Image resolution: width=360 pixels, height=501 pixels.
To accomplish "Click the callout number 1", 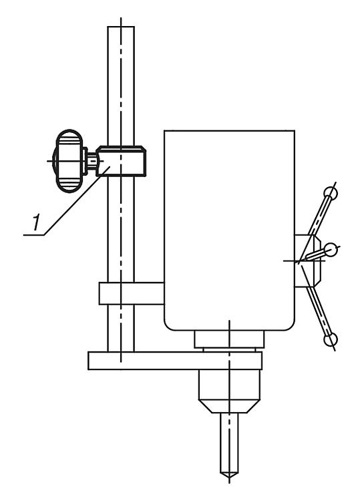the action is coord(37,222).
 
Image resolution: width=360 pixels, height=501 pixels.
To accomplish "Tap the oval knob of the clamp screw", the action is coord(69,161).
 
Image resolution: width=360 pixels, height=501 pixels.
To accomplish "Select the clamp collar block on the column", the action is coord(121,161).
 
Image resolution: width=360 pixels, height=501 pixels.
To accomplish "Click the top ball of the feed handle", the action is coord(331,192).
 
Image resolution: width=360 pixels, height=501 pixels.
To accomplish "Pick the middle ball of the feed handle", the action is coord(330,250).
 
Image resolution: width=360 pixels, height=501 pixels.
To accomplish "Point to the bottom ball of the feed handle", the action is coord(331,339).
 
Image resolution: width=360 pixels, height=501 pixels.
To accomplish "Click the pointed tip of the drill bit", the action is coord(229,476).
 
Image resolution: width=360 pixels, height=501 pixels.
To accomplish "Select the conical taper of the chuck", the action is coord(229,405).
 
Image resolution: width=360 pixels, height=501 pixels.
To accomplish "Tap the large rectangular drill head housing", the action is coord(229,230).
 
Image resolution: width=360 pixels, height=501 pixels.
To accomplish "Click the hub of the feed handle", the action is coord(307,261).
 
